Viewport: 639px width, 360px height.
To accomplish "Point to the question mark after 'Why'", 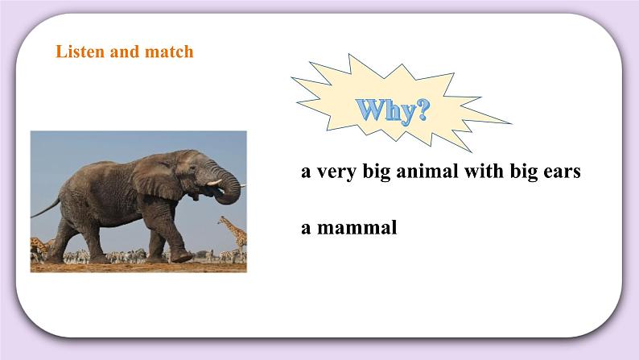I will (x=418, y=110).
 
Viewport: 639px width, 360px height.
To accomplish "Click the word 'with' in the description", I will (x=476, y=173).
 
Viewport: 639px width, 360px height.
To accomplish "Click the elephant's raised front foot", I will (x=183, y=256).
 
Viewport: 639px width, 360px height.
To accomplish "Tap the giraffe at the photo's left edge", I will (x=35, y=246).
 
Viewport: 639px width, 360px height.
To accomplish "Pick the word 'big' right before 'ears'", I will (x=520, y=173).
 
